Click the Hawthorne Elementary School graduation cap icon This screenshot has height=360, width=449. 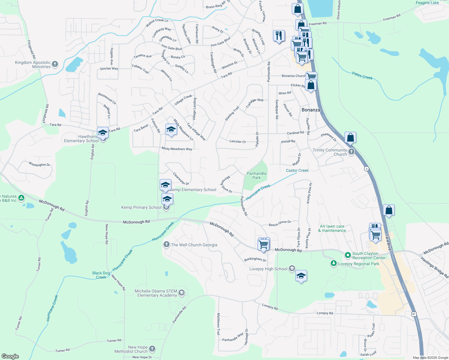[103, 133]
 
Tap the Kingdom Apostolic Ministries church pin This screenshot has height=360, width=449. [55, 64]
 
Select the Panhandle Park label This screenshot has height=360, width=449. [256, 175]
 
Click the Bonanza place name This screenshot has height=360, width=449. [311, 110]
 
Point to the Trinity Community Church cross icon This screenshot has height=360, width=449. [351, 152]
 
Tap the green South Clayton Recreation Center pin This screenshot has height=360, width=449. [348, 255]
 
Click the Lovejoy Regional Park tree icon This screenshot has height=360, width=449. [333, 263]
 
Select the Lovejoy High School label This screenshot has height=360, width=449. [268, 269]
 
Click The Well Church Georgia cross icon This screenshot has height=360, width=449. [166, 244]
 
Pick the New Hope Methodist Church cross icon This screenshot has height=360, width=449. [152, 349]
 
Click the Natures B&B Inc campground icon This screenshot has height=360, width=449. [21, 198]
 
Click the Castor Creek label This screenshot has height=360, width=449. [297, 170]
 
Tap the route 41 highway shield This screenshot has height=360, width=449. [414, 314]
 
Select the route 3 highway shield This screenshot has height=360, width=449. [366, 169]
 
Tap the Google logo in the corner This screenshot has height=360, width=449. [10, 356]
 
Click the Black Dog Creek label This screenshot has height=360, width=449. [101, 275]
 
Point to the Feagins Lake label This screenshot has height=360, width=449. [427, 3]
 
